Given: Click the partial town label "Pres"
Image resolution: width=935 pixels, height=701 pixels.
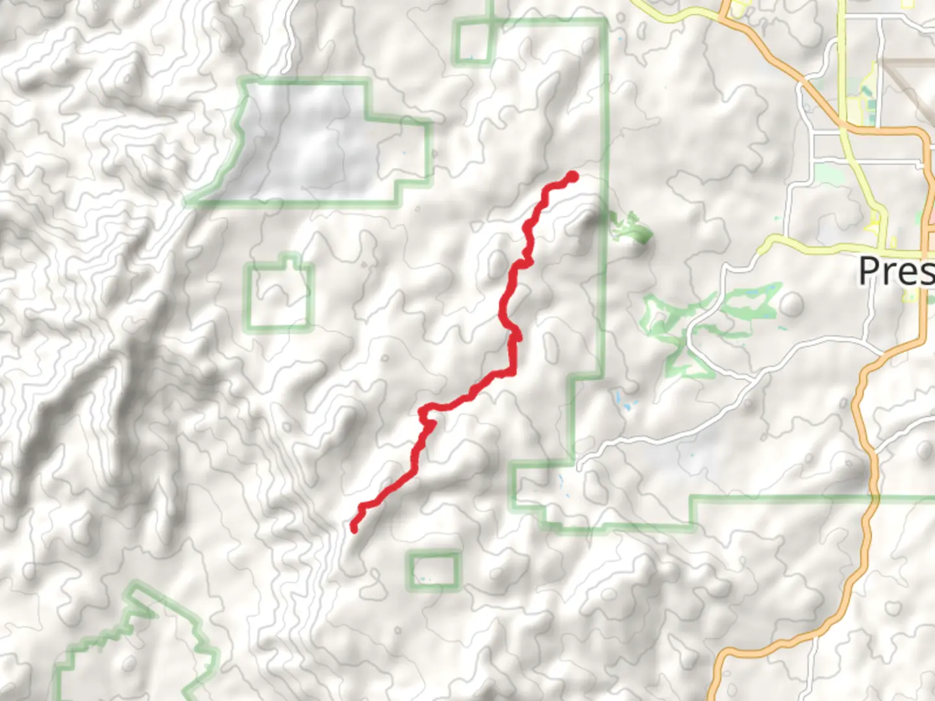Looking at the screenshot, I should pos(896,271).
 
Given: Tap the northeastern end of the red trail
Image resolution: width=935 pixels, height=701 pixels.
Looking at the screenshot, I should pos(573,176).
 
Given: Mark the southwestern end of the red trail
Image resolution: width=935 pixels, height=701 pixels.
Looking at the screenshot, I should pos(355,529).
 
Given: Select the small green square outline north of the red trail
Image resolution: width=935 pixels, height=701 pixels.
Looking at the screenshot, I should pos(473,43).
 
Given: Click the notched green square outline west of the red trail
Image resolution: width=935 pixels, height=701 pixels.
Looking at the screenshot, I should pos(279,297).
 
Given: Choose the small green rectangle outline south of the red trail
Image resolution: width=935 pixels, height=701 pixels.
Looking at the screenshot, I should pos(434,570).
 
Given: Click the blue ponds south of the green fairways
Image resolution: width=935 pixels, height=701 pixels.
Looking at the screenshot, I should pos(624,402).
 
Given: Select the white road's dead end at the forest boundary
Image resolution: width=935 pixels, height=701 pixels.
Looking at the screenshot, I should pos(577,465).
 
